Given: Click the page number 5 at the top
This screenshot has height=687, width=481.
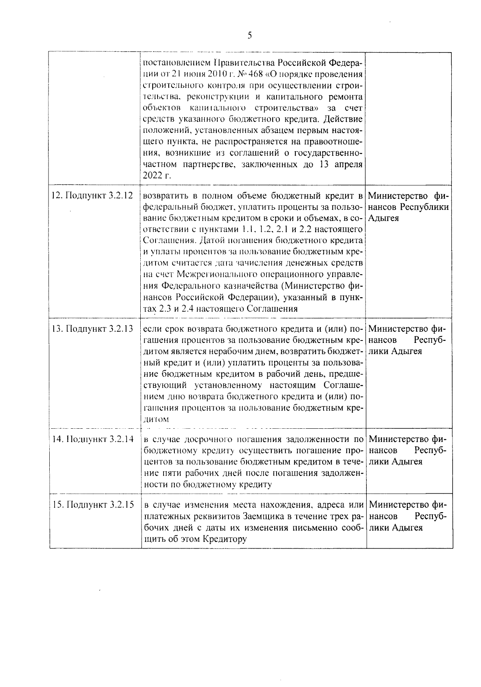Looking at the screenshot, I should pos(250,35).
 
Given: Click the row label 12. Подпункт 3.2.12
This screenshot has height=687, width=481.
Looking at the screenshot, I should pos(93,196).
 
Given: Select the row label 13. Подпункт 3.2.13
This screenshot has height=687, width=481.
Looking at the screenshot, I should pos(93,329).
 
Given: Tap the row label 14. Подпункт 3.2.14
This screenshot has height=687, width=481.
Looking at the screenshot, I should pos(93,439).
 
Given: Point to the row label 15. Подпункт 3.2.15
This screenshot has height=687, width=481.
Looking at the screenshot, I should pos(93,505).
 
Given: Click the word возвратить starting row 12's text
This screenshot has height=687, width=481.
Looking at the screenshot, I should pos(165,196).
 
